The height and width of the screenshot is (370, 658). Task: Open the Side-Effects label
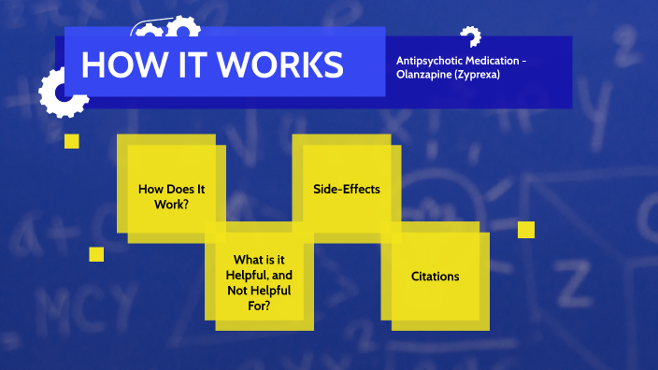(347, 189)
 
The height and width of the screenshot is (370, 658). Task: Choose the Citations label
(436, 277)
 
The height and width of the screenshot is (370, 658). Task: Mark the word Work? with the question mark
(171, 203)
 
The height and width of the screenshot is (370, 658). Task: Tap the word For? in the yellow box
(260, 305)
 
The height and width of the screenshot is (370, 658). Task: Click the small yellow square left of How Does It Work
(71, 141)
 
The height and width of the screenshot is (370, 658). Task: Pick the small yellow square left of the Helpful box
(96, 254)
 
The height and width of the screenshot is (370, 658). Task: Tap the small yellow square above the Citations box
(526, 229)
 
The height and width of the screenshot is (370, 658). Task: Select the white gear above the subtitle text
(470, 37)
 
